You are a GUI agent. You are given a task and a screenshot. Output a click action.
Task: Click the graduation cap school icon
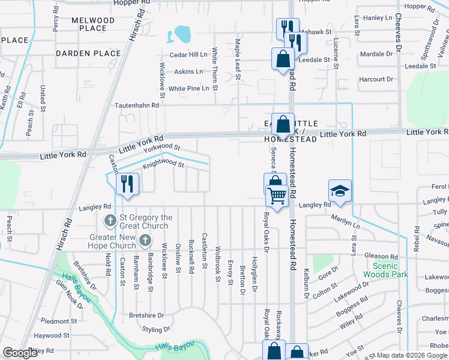(x=340, y=191)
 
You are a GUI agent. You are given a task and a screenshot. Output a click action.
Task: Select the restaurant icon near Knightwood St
(x=127, y=183)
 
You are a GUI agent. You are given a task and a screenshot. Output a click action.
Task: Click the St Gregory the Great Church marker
(x=110, y=221)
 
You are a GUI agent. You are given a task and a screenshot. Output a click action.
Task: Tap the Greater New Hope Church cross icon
(x=145, y=241)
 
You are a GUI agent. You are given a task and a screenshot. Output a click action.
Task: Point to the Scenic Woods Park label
(x=390, y=270)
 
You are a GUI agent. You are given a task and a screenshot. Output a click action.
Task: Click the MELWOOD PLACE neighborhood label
(x=92, y=24)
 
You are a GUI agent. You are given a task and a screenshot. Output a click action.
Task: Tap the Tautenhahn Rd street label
(x=137, y=104)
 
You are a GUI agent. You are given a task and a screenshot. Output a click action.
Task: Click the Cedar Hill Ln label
(x=188, y=55)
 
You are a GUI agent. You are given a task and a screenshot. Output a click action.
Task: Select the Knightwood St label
(x=163, y=163)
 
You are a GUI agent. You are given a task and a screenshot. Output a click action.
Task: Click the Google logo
(x=20, y=353)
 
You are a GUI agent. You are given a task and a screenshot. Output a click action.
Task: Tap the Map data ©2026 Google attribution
(x=412, y=355)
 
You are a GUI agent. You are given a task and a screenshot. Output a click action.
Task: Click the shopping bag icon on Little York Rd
(x=283, y=125)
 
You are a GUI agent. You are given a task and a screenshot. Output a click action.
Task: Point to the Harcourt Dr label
(x=376, y=79)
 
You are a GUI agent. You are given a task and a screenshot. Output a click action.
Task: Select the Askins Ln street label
(x=188, y=71)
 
